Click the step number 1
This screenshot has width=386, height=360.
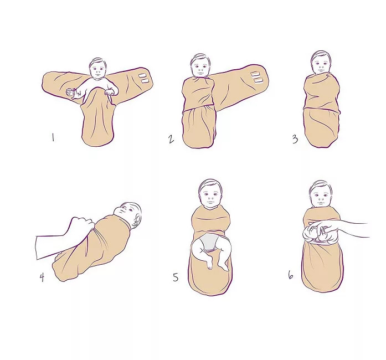coord(53,137)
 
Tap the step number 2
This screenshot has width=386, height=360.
coord(171,140)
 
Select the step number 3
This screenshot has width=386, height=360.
coord(295,140)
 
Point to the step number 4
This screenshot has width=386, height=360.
coord(42,277)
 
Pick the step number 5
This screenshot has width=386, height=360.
coord(176,277)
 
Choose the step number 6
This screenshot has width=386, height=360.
coord(291,275)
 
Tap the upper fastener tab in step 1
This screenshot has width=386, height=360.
coord(142,75)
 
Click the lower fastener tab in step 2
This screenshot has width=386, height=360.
coord(257,80)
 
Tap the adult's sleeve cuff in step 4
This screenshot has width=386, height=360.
coord(37,248)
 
